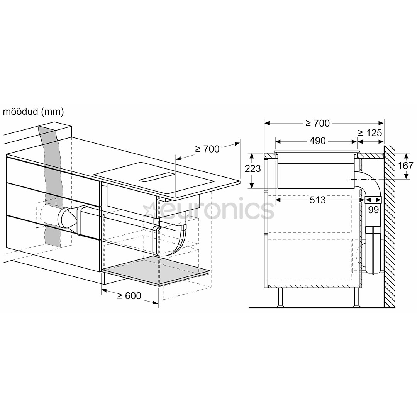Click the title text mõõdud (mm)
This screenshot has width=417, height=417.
(33, 112)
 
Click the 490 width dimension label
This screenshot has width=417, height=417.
(317, 141)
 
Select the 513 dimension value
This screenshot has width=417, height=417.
(317, 200)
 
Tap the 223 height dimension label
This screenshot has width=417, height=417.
(253, 168)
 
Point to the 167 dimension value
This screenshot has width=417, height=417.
(405, 166)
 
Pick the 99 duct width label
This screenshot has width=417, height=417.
(373, 210)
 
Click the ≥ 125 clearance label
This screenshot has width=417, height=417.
(370, 133)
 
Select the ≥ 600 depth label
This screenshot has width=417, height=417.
(129, 295)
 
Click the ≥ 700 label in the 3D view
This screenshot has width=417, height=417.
(207, 149)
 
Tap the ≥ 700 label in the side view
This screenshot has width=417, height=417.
(317, 123)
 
